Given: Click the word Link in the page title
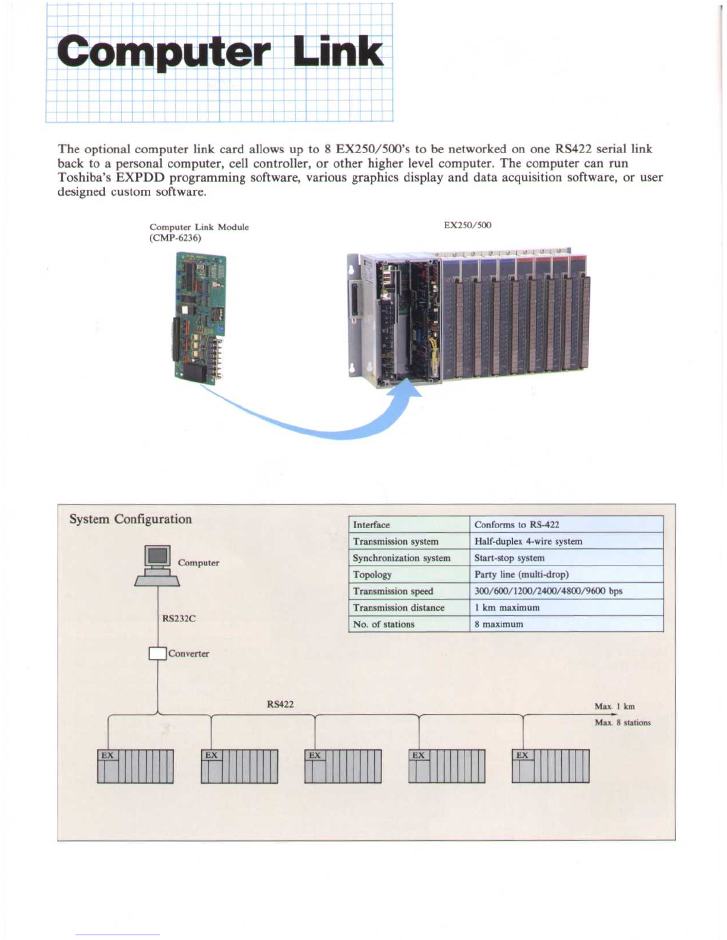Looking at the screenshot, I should click(x=339, y=52).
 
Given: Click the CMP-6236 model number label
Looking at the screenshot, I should click(x=175, y=238).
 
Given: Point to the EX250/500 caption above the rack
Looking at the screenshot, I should click(x=467, y=225).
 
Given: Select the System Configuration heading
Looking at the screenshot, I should click(x=131, y=519).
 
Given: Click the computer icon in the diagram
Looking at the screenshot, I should click(x=157, y=566).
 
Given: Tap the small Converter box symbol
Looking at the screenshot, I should click(x=157, y=653).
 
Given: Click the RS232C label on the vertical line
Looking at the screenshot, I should click(x=179, y=618).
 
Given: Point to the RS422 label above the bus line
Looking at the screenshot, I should click(x=280, y=704).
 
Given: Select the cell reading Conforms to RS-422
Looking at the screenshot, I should click(x=517, y=525).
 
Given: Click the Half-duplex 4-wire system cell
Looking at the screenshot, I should click(x=528, y=541).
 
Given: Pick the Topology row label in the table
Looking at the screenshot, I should click(x=372, y=574).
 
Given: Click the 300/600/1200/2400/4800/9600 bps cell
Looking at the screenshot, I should click(x=548, y=591).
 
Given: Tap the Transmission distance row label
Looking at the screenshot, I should click(x=399, y=608).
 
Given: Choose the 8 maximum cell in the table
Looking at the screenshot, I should click(x=499, y=624).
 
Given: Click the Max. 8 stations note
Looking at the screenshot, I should click(x=622, y=723).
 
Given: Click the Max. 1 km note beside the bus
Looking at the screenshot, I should click(x=615, y=706).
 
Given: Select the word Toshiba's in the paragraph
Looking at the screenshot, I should click(x=84, y=177).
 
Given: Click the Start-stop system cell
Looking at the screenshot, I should click(x=509, y=558).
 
